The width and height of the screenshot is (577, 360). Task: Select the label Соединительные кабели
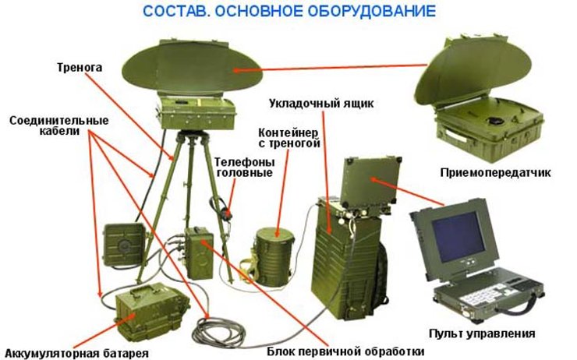coord(59,127)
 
